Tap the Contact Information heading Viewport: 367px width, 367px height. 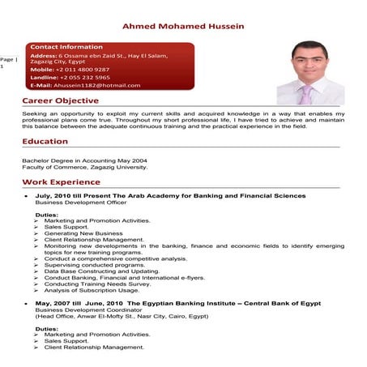pyautogui.click(x=66, y=47)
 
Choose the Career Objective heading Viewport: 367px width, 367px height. pyautogui.click(x=60, y=101)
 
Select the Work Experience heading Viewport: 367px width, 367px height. pyautogui.click(x=61, y=183)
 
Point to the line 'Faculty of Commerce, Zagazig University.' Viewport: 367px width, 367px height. pyautogui.click(x=84, y=167)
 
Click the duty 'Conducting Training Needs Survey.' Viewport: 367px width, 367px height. pyautogui.click(x=97, y=284)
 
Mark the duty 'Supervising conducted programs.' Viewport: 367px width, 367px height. pyautogui.click(x=96, y=264)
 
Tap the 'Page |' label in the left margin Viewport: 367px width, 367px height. pyautogui.click(x=8, y=59)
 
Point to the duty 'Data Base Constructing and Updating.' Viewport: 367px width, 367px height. pyautogui.click(x=101, y=271)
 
